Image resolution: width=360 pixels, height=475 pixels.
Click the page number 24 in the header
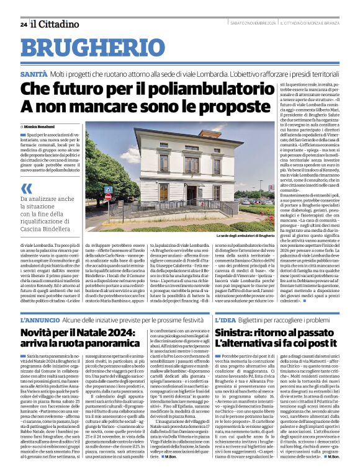[24, 24]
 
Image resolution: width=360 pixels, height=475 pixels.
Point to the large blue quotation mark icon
[27, 189]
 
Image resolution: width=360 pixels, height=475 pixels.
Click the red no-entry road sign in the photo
[107, 196]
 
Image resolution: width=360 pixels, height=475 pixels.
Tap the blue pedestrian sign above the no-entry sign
[108, 189]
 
